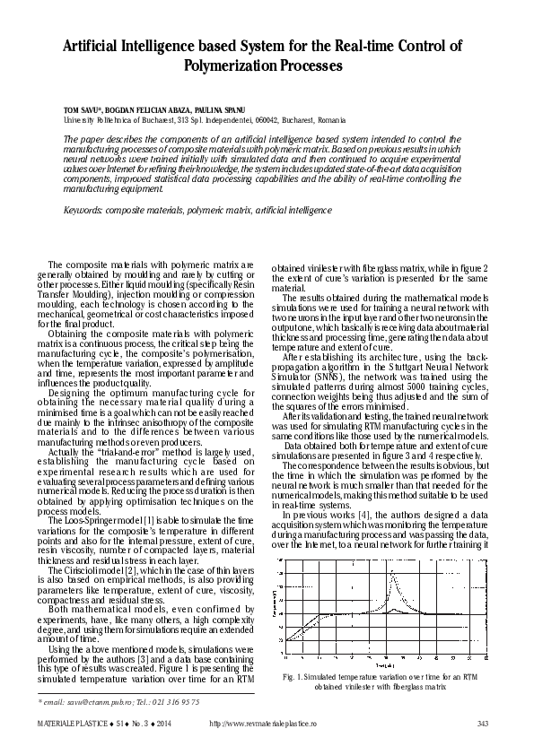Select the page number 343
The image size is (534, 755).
(482, 724)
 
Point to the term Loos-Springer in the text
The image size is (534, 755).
(89, 520)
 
